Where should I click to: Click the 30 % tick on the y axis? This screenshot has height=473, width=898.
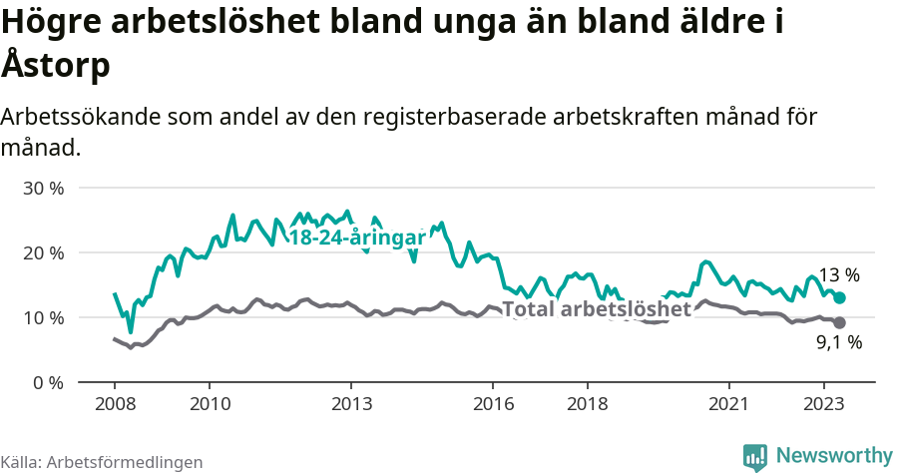42,189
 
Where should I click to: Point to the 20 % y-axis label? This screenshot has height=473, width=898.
42,253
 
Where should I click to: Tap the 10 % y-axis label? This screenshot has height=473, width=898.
42,318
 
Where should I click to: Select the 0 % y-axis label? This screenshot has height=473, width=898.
47,383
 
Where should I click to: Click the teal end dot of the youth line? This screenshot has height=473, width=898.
840,297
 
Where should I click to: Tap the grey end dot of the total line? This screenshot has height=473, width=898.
840,322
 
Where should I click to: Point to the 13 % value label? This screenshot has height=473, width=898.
839,275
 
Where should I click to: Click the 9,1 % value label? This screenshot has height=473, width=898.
839,343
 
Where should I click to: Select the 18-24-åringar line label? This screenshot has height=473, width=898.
356,238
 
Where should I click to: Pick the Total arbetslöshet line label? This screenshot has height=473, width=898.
597,309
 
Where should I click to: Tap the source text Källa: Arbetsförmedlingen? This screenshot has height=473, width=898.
102,462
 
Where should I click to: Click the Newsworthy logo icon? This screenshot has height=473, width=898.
755,457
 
